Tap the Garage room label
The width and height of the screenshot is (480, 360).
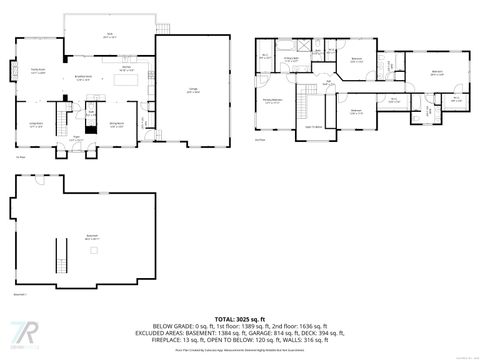coord(192,90)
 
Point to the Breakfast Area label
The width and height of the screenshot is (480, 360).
coord(85,77)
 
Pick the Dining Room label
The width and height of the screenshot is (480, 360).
coord(116,125)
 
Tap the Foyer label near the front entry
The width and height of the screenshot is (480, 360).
coord(75,139)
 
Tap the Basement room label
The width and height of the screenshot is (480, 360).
coord(92,239)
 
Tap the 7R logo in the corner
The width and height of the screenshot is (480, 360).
coord(22,332)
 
